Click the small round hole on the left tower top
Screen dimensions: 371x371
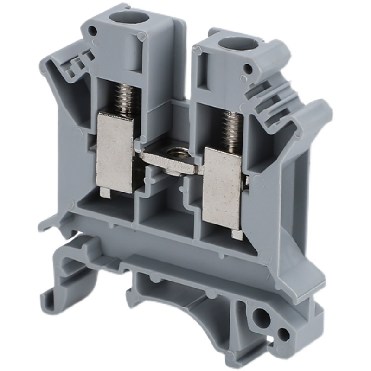[93, 32]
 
